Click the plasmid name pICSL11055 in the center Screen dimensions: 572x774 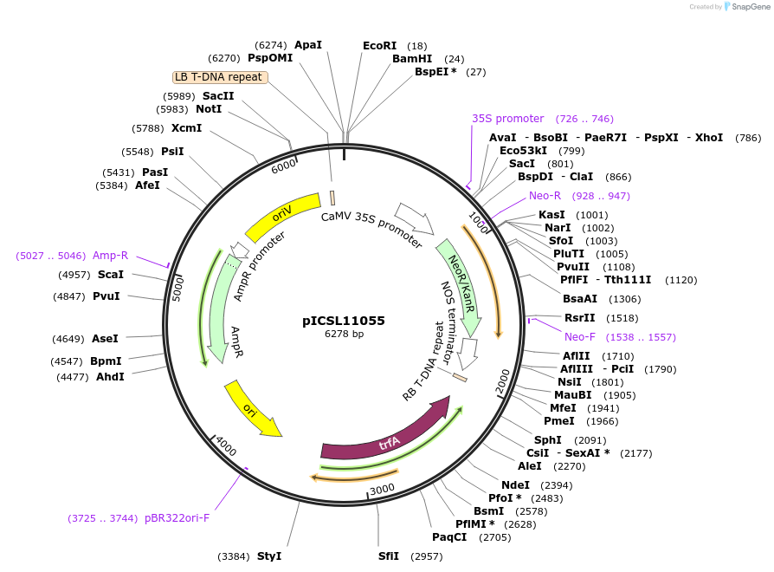click(344, 321)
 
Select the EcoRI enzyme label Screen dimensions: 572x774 click(379, 45)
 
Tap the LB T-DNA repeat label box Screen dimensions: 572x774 click(220, 77)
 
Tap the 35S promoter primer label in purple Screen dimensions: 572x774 click(507, 119)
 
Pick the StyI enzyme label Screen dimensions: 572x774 click(268, 556)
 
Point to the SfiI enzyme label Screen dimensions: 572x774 click(389, 556)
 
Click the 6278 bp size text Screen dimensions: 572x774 click(344, 335)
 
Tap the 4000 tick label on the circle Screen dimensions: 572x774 click(226, 447)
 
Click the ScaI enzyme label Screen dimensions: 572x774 click(110, 275)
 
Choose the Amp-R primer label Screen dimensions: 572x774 click(110, 256)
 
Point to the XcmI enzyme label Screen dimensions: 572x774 click(186, 128)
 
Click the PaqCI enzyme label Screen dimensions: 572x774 click(449, 536)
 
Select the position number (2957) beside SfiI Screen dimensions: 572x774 click(426, 556)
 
